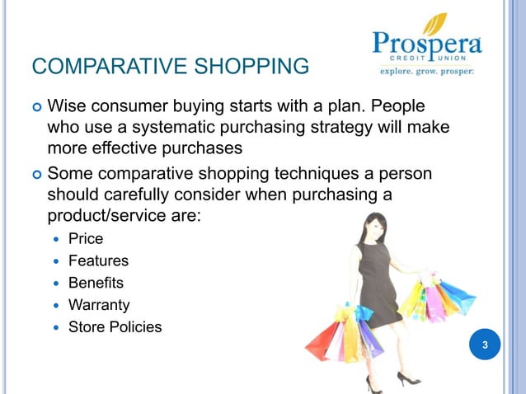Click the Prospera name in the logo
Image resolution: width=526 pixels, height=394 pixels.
[426, 42]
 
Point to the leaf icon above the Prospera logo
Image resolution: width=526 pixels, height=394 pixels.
[440, 21]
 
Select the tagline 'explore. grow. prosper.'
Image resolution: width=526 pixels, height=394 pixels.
[426, 71]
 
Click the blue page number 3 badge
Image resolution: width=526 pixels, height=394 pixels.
[486, 345]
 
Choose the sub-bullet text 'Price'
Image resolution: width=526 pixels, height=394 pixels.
[86, 238]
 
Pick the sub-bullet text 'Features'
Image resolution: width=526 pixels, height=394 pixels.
[98, 260]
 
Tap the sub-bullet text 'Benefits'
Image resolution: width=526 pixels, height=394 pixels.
[96, 283]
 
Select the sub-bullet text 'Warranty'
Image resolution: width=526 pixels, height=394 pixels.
[99, 305]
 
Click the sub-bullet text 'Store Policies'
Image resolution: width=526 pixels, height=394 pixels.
[115, 327]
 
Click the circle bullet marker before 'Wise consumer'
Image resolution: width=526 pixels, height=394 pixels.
[35, 107]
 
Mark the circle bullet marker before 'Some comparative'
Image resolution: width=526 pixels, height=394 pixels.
[35, 175]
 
